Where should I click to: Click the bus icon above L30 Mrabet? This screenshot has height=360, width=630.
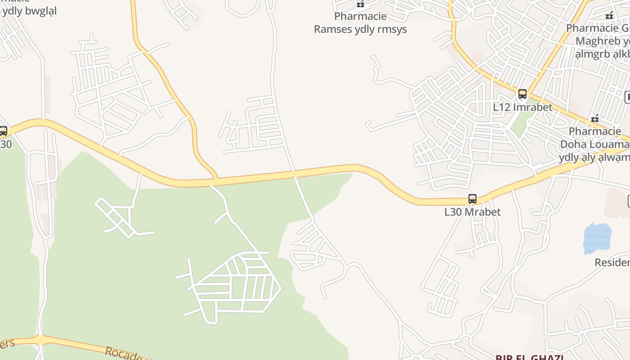(472, 198)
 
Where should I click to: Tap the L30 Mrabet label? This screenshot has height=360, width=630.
(472, 212)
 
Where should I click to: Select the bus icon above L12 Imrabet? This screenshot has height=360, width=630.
(522, 94)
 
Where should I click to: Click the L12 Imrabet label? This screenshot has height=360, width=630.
(522, 107)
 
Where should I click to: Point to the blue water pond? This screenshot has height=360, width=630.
(597, 238)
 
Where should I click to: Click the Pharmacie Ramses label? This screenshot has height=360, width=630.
(360, 23)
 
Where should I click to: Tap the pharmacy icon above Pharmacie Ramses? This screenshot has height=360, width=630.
(360, 4)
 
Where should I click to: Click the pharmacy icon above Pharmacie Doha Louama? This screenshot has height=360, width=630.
(595, 119)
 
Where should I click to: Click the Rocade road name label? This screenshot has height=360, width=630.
(124, 353)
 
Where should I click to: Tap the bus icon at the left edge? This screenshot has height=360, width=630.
(3, 131)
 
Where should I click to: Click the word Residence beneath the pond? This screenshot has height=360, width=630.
(612, 262)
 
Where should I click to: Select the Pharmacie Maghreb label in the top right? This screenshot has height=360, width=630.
(598, 41)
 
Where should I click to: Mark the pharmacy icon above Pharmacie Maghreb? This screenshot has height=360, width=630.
(609, 15)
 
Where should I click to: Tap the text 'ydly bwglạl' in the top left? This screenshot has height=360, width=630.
(29, 11)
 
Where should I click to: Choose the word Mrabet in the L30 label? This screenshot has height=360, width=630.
(484, 212)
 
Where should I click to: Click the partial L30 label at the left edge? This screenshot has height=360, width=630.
(6, 144)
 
